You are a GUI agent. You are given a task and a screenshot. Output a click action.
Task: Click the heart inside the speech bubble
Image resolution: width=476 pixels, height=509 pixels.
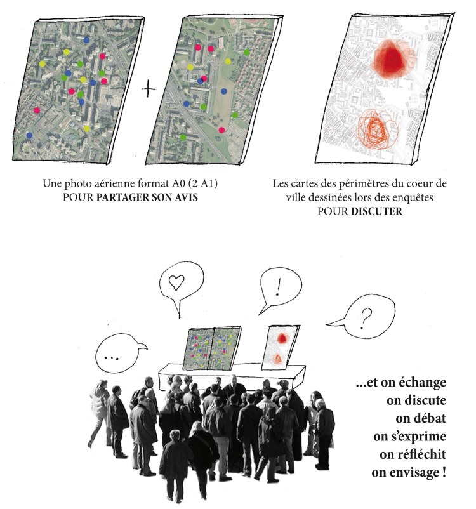coord(176,282)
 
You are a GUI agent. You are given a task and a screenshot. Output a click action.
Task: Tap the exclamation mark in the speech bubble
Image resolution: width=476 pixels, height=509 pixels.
coord(277,288)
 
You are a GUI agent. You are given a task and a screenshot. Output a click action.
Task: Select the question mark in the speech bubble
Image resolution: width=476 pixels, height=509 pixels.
coord(366,319)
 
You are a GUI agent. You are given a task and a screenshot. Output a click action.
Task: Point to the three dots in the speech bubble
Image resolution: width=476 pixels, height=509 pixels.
coord(111,359)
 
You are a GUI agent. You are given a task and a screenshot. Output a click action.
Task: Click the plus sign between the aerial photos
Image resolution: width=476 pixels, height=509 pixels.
coord(149,89)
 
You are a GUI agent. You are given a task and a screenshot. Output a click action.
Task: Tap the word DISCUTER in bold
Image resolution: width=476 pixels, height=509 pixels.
coord(376,211)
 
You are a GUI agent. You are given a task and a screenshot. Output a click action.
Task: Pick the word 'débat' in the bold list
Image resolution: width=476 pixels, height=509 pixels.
coord(421,418)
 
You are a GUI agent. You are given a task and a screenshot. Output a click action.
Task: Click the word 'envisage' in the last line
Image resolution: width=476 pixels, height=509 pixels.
coord(406,473)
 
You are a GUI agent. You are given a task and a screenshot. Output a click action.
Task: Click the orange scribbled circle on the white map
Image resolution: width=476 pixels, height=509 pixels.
coord(377,129)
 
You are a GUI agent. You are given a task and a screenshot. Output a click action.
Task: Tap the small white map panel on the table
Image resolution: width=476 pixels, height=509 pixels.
coord(281,347)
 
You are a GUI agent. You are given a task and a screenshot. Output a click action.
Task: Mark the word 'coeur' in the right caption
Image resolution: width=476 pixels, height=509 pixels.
coord(419,183)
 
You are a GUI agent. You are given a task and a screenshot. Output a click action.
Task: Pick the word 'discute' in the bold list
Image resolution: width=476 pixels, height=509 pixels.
coord(416,400)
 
